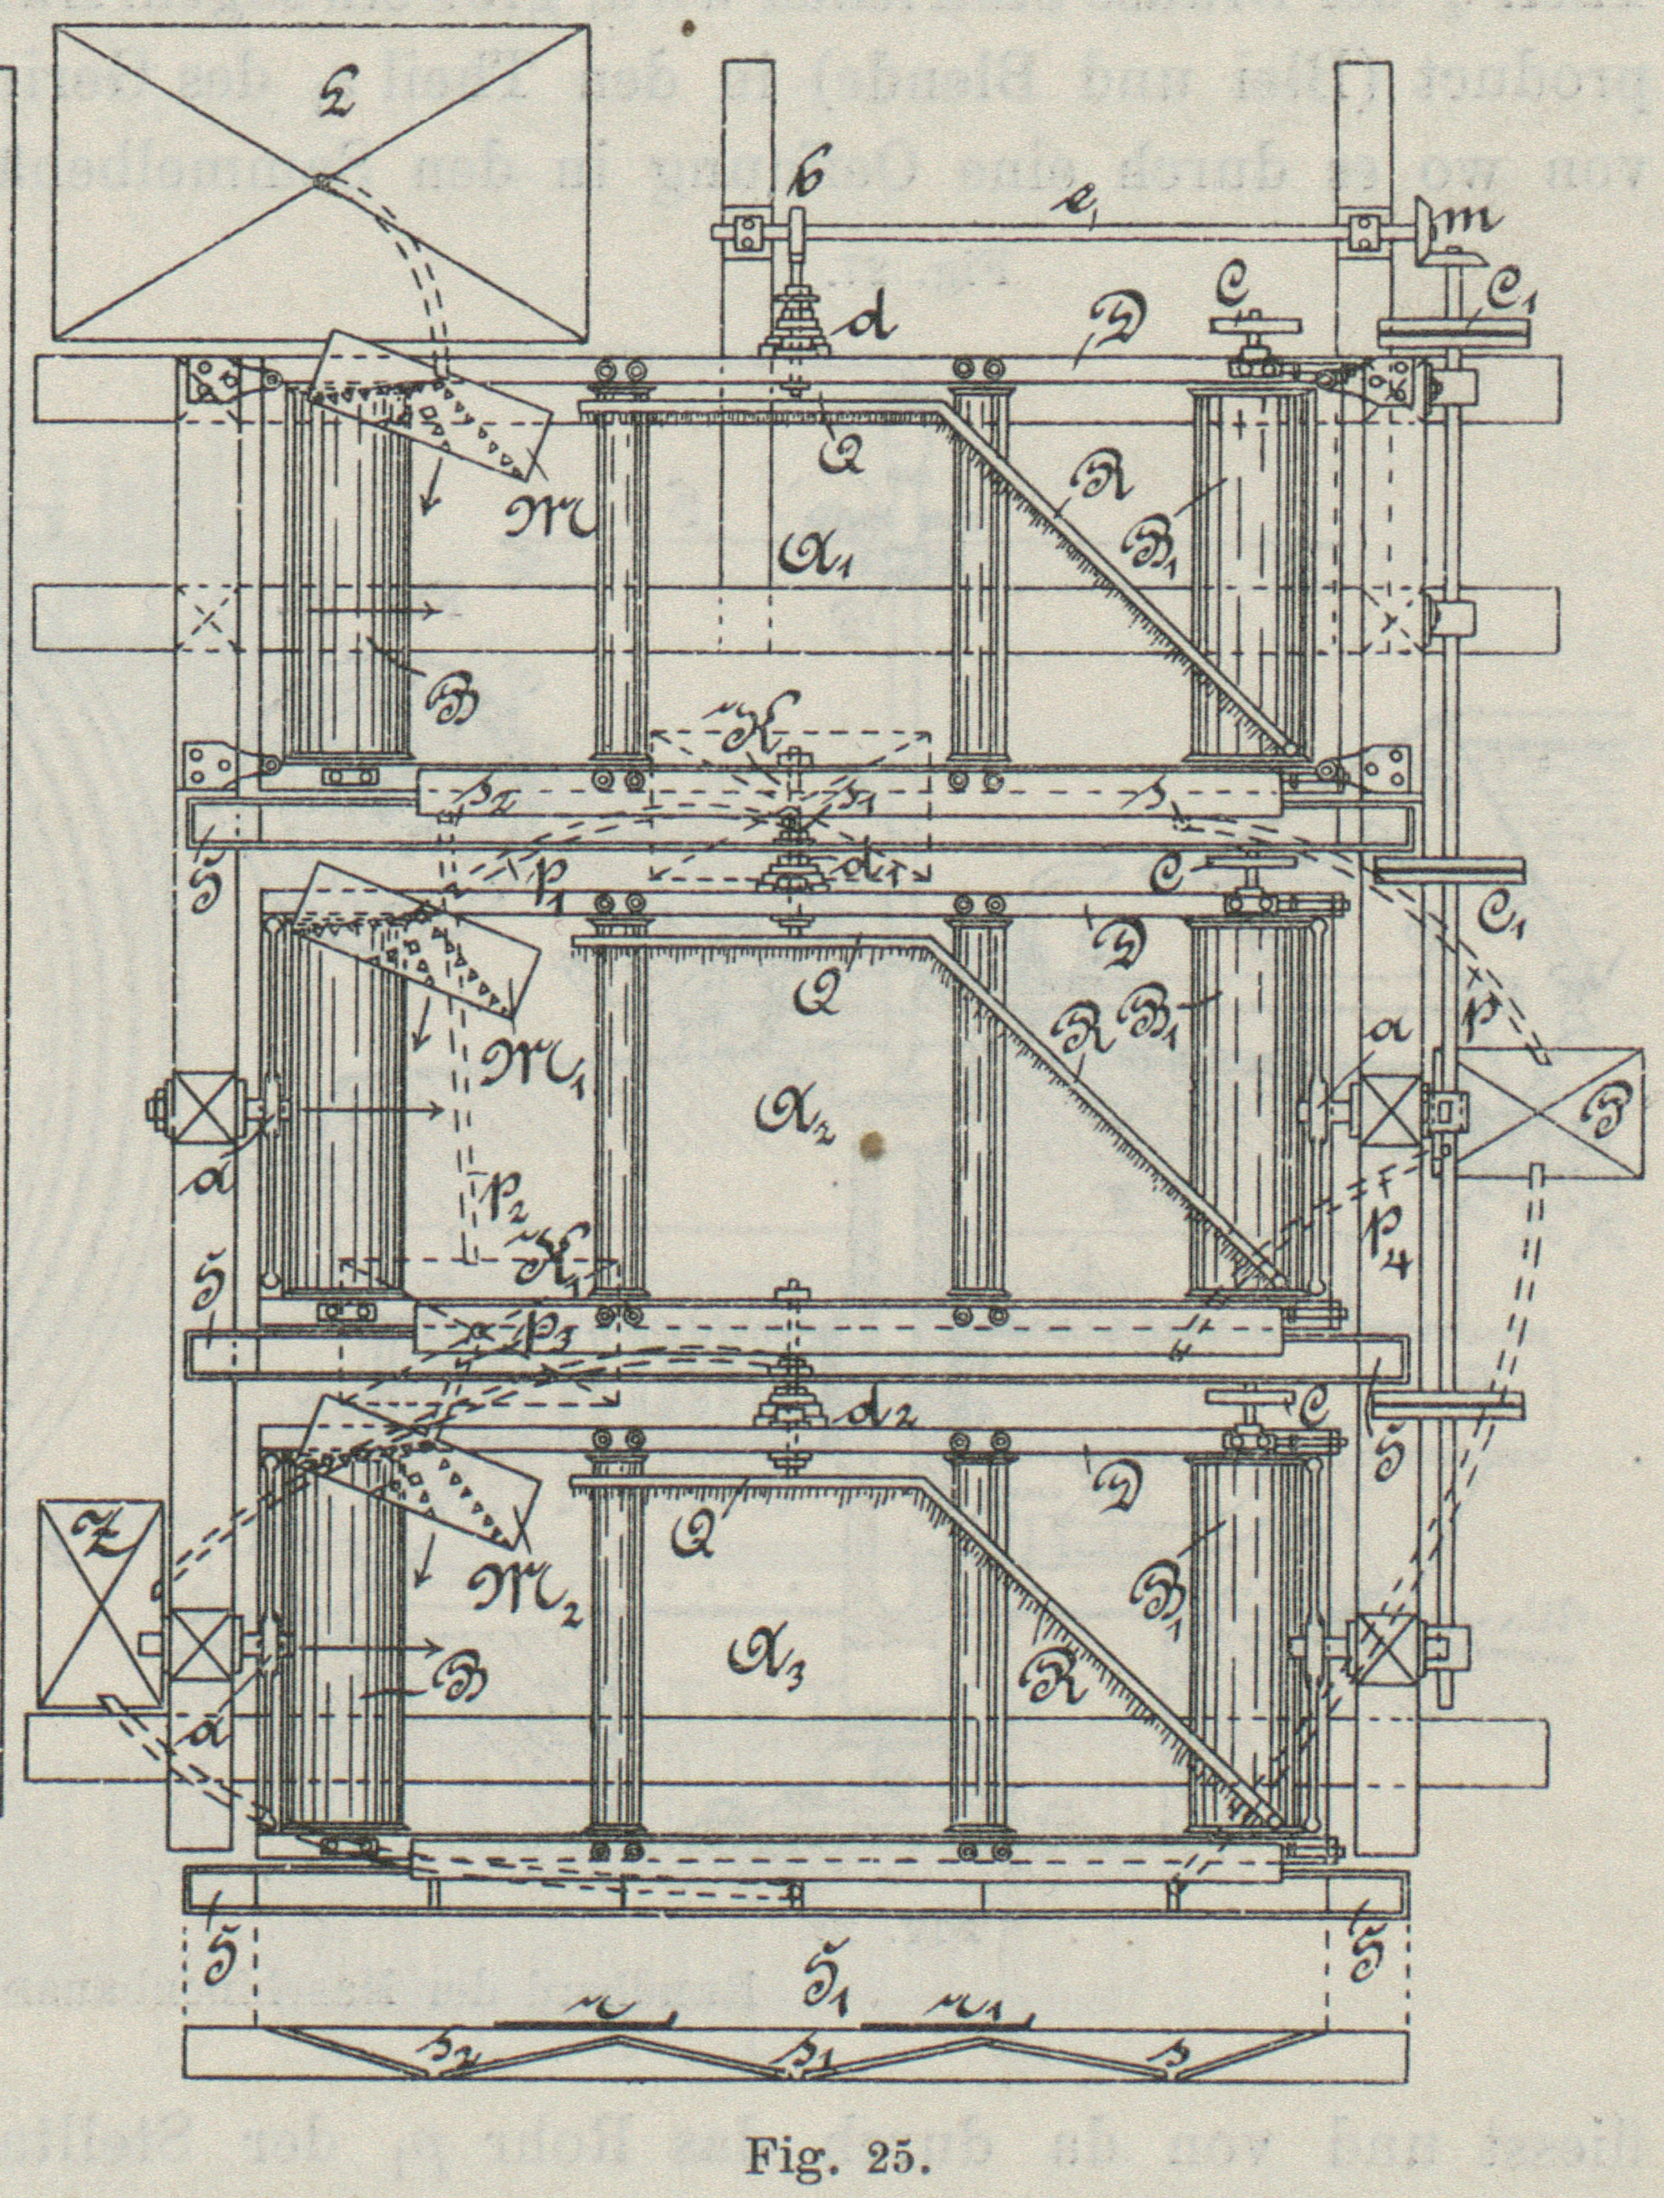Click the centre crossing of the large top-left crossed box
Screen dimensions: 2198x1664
(321, 182)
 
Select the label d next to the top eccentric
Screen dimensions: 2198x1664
(870, 326)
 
